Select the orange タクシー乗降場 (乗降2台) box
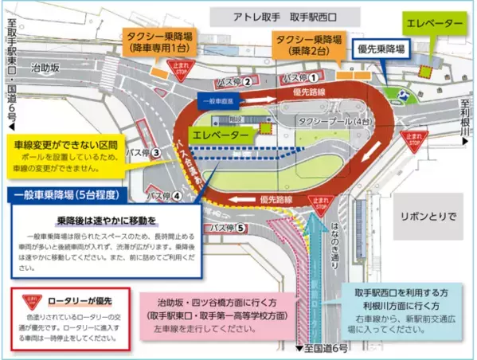click(x=311, y=42)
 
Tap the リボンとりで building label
click(x=428, y=215)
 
